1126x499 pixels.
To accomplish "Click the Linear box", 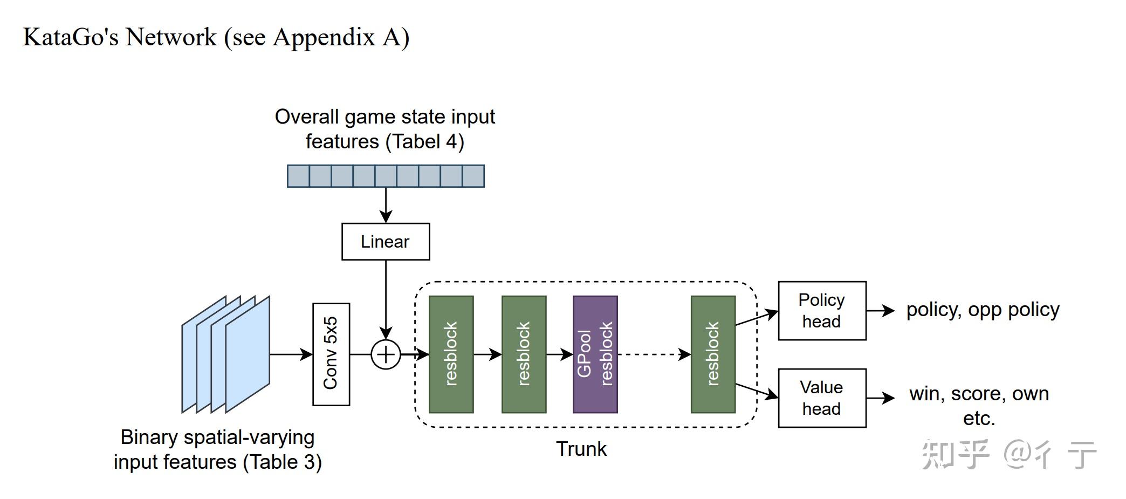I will (x=386, y=242).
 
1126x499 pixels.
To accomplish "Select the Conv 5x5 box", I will (x=331, y=354).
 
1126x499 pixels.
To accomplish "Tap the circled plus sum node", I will (x=386, y=354).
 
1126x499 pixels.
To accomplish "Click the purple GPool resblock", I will (x=595, y=354).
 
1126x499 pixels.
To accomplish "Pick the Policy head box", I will (x=822, y=311).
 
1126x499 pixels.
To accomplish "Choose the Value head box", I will (x=822, y=398).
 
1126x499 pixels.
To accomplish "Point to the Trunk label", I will (x=581, y=449).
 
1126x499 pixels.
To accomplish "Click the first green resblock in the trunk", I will (x=451, y=354).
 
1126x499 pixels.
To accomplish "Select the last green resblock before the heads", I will (x=713, y=354).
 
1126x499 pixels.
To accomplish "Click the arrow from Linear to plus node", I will (x=386, y=297).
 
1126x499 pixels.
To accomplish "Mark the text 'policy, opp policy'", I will (x=983, y=310).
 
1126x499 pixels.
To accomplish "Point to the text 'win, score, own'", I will (x=979, y=394).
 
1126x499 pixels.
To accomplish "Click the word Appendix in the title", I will (x=324, y=38).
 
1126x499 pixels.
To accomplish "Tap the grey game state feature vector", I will (x=386, y=176).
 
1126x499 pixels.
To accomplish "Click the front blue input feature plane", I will (x=248, y=354).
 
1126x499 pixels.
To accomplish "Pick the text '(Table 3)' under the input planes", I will (x=282, y=462).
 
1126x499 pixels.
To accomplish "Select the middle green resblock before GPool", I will (x=524, y=354).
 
